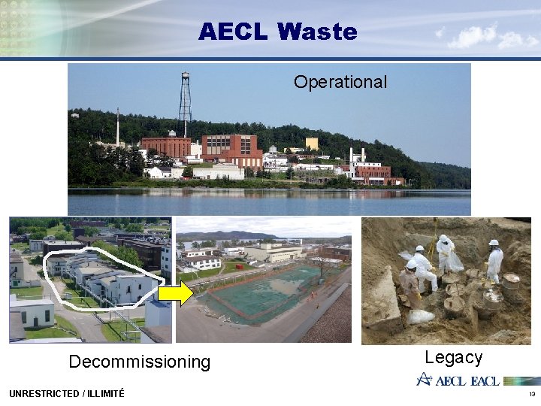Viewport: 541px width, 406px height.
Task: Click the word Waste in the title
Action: coord(317,32)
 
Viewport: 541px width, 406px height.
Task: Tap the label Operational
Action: coord(340,82)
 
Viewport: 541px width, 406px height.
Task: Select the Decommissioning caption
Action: coord(139,362)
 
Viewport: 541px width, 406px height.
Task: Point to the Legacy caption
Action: coord(453,357)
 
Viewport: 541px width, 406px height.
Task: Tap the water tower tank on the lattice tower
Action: coord(185,77)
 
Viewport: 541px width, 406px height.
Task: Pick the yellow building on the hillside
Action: coord(311,143)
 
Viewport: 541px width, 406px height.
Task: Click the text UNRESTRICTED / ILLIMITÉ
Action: coord(67,393)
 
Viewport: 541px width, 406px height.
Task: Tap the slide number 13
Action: coord(531,394)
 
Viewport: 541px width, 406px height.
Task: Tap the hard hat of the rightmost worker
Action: coord(494,243)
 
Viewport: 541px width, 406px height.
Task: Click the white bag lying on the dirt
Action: coord(421,317)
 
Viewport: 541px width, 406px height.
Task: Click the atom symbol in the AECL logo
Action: coord(426,379)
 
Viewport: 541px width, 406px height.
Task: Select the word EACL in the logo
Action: coord(485,380)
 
